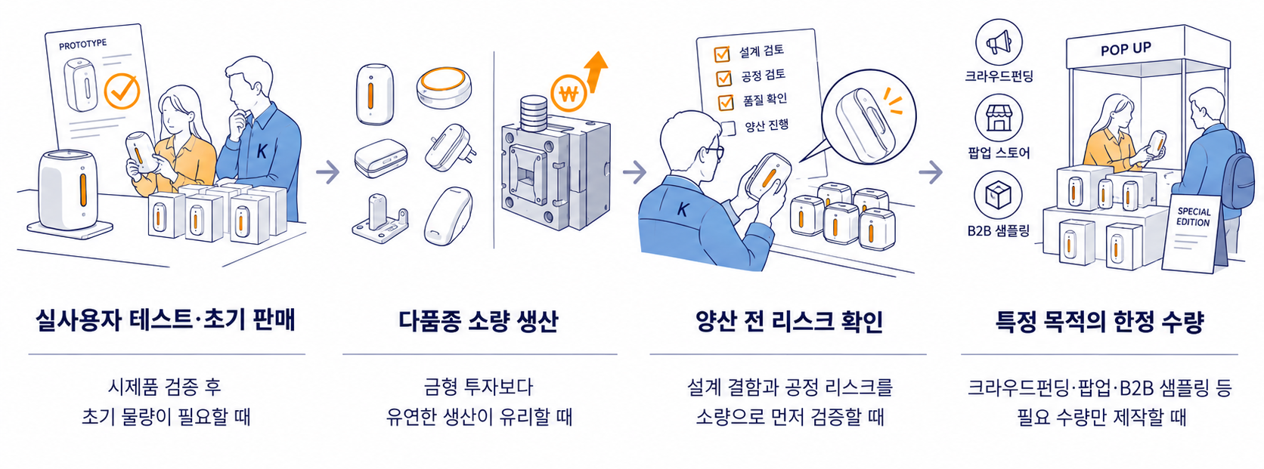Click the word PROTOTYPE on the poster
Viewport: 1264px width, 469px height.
tap(83, 45)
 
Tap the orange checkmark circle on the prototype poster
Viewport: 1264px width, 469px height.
tap(122, 90)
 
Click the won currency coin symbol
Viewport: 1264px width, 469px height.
tap(568, 94)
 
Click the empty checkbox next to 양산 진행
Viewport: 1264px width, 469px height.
tap(728, 128)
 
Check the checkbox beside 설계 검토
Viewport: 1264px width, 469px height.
tap(722, 54)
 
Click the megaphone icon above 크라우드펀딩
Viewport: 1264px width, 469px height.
tap(999, 42)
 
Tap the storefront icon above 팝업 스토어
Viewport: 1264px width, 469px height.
tap(999, 119)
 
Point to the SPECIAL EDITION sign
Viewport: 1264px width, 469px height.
tap(1192, 234)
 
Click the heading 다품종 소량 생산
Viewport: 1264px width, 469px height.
tap(478, 321)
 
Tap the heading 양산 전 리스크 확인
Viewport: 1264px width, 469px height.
tap(789, 321)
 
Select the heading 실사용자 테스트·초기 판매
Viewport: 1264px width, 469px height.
tap(166, 320)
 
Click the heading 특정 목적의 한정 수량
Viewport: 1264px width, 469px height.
tap(1100, 321)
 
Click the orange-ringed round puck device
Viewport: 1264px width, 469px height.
tap(444, 88)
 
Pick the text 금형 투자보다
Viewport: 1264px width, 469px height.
tap(479, 387)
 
